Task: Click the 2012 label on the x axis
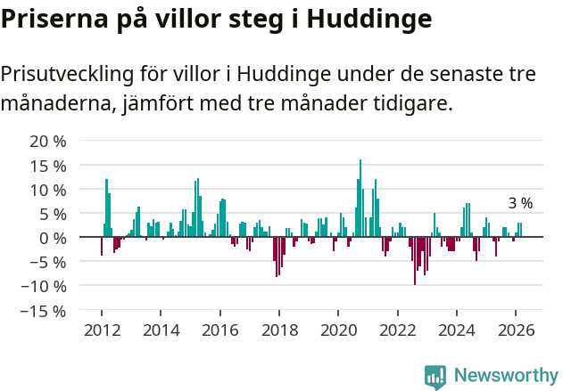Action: (102, 330)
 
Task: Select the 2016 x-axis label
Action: (220, 330)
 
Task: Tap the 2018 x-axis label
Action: (279, 330)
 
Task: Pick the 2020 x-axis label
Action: (338, 330)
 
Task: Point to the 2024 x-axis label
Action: (457, 330)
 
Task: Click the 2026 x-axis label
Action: (516, 330)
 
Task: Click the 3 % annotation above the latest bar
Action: (520, 203)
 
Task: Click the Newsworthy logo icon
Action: (435, 376)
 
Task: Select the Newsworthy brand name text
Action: (506, 376)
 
